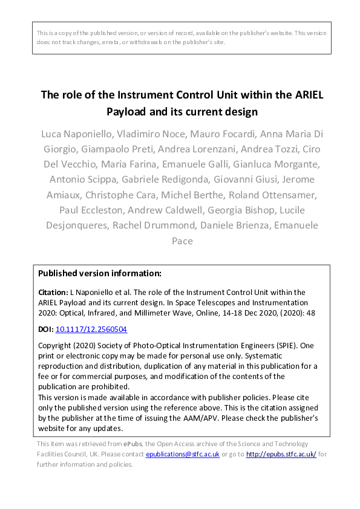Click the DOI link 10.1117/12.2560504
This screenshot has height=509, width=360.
click(91, 329)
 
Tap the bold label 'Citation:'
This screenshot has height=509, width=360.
click(53, 292)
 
